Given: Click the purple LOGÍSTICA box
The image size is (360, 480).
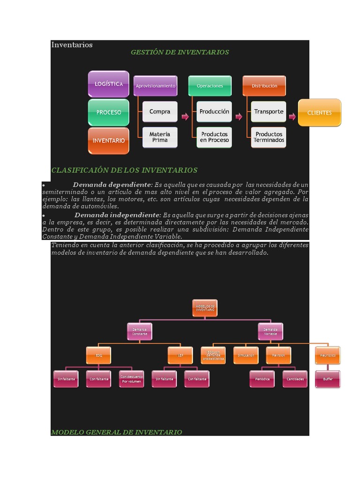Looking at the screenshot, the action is pyautogui.click(x=108, y=84).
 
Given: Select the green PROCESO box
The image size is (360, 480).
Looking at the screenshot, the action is pyautogui.click(x=108, y=112).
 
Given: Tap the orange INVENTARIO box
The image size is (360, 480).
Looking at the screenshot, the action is pyautogui.click(x=108, y=141).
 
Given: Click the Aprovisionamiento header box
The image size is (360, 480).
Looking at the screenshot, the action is pyautogui.click(x=155, y=86).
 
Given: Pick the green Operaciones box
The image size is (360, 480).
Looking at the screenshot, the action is pyautogui.click(x=210, y=86).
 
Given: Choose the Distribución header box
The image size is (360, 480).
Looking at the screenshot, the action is pyautogui.click(x=264, y=86).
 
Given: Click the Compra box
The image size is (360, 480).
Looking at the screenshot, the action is pyautogui.click(x=160, y=112).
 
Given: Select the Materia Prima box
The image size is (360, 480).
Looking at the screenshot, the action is pyautogui.click(x=160, y=137).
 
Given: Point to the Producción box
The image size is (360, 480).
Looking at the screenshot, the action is pyautogui.click(x=214, y=112).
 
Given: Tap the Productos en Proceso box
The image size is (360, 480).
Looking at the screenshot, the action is pyautogui.click(x=214, y=137).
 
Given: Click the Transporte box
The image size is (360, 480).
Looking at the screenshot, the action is pyautogui.click(x=269, y=112).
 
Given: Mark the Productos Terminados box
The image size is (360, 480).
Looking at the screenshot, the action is pyautogui.click(x=269, y=137).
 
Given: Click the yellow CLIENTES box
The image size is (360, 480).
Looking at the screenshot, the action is pyautogui.click(x=319, y=112).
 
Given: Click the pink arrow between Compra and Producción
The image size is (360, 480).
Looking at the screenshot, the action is pyautogui.click(x=185, y=116).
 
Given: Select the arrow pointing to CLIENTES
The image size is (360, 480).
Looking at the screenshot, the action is pyautogui.click(x=292, y=116).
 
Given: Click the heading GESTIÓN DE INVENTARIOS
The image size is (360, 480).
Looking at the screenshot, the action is pyautogui.click(x=180, y=52).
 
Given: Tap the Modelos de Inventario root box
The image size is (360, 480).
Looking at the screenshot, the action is pyautogui.click(x=205, y=308).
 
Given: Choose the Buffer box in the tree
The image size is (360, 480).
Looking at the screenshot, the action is pyautogui.click(x=328, y=379).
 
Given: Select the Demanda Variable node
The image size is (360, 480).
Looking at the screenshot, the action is pyautogui.click(x=270, y=331).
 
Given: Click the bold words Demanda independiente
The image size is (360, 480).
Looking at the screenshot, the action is pyautogui.click(x=117, y=215).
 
